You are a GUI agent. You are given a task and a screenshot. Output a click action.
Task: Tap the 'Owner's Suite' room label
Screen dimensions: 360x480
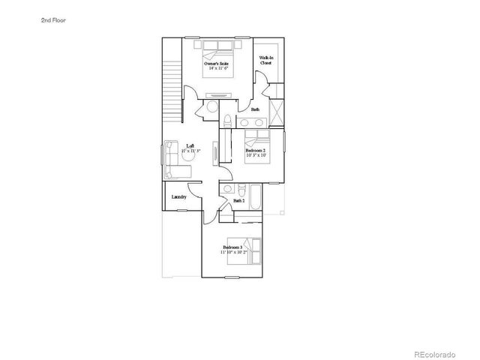(x=217, y=64)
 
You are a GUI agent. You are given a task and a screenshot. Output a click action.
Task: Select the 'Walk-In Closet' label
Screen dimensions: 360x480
(x=265, y=61)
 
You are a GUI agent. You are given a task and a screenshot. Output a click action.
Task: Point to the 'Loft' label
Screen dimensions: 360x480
(x=190, y=146)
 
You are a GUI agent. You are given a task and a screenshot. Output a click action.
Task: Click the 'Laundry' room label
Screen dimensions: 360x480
(x=178, y=197)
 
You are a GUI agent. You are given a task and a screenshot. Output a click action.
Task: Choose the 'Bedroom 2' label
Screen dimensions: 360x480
(x=256, y=151)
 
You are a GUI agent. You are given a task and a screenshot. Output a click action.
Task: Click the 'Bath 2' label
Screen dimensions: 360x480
(x=239, y=201)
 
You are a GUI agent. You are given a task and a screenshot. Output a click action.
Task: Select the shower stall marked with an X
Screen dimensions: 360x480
(x=275, y=114)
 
